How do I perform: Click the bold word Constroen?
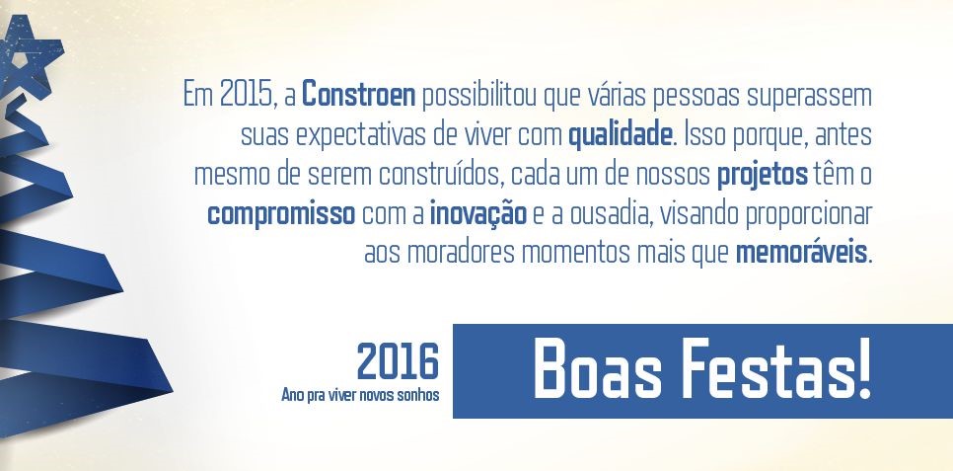358,96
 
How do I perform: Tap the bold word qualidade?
621,136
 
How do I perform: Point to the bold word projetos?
763,176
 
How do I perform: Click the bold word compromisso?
281,215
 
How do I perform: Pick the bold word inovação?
477,214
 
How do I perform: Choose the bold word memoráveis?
801,253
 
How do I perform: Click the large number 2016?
398,362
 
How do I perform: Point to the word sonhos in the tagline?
417,396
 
